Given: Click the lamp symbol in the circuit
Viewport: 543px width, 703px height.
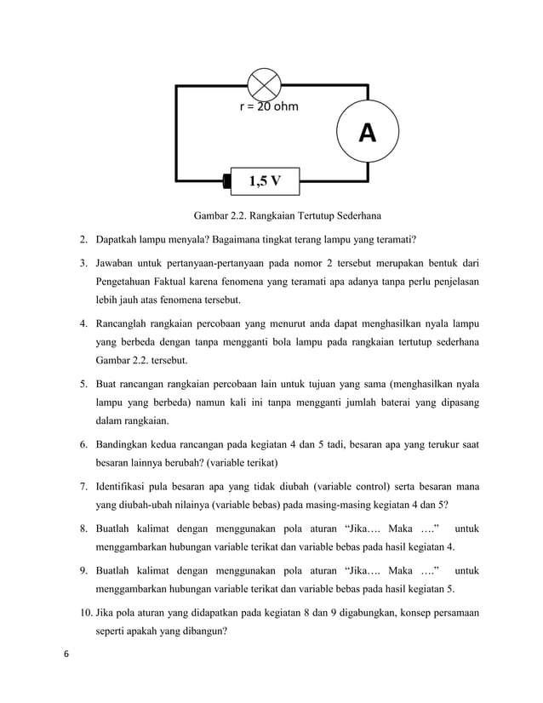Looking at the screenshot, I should [x=264, y=84].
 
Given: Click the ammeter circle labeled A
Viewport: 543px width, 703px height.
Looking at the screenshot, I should [x=367, y=133].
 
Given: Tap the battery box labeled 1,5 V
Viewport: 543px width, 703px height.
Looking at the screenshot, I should [x=265, y=180].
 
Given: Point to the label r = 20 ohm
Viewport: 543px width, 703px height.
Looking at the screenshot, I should [x=269, y=107].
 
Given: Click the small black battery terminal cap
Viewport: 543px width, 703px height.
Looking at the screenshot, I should [x=227, y=180].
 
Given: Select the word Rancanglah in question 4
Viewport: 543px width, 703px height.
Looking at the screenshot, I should [x=126, y=324].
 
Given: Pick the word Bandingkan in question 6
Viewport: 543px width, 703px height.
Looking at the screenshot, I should [x=127, y=444].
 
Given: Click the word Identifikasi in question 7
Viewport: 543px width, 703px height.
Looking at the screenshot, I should [x=125, y=488].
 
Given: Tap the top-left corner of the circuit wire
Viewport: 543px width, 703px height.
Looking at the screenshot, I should [x=176, y=85].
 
